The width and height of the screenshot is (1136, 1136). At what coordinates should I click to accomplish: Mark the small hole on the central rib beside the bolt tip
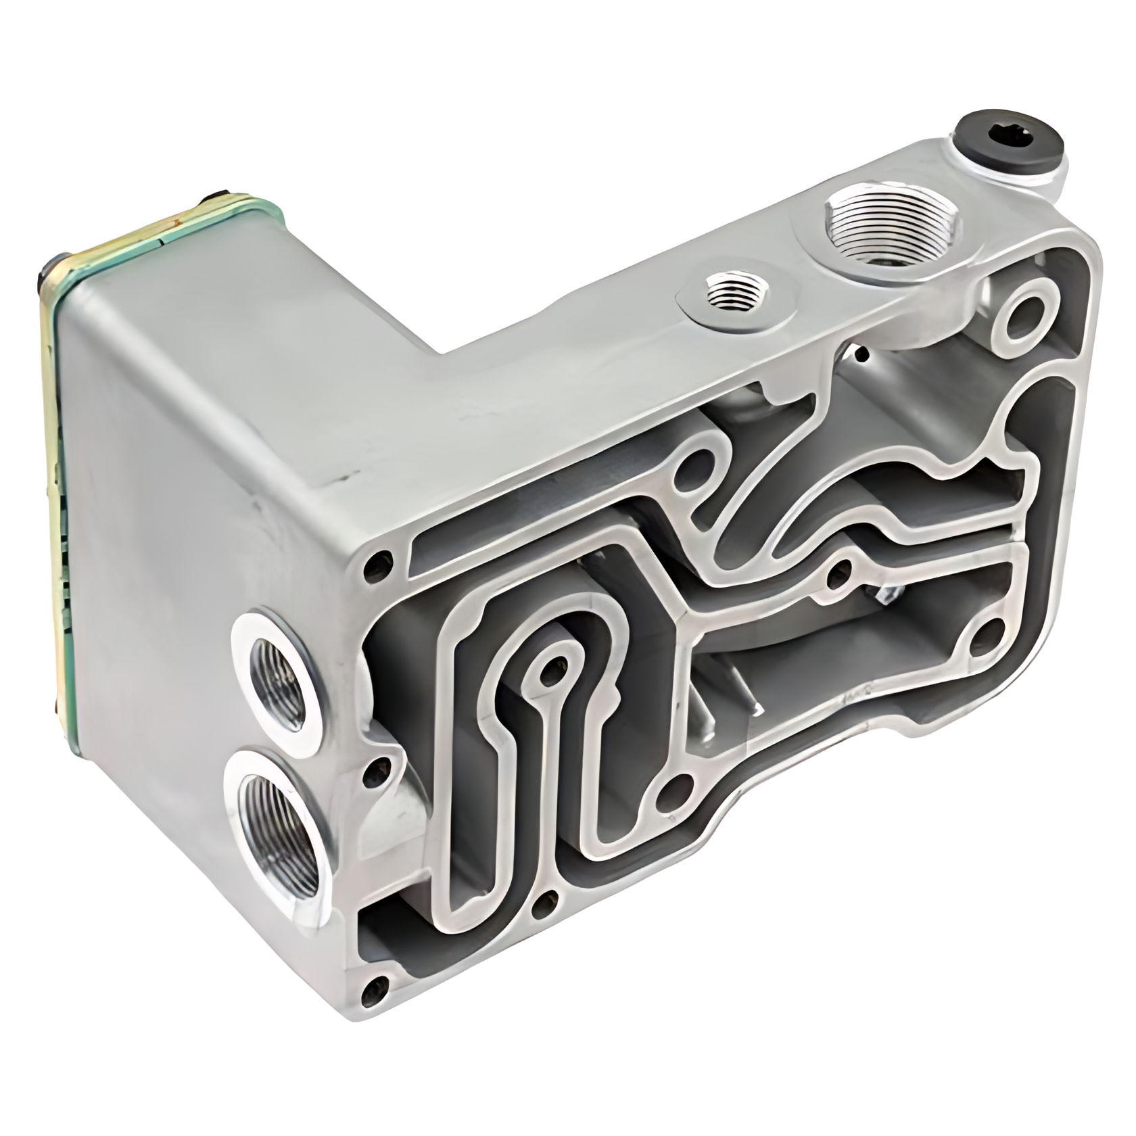coord(841,572)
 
